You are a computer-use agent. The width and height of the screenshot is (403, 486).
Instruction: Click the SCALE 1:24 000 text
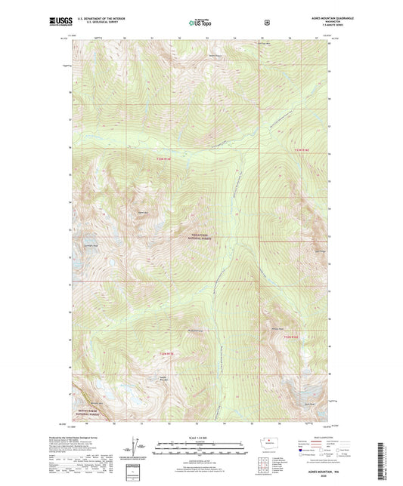pyautogui.click(x=201, y=438)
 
